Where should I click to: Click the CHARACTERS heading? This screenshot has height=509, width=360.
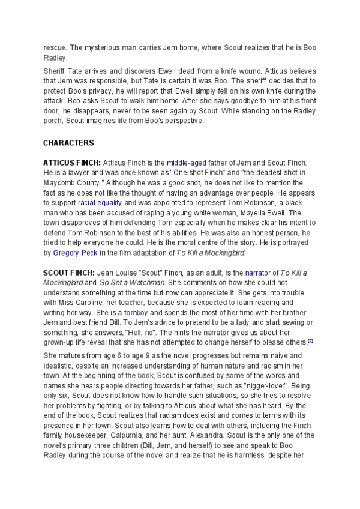tap(68, 143)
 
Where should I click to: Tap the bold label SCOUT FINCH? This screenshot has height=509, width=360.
tap(67, 273)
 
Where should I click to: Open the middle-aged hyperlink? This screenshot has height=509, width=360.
tap(187, 163)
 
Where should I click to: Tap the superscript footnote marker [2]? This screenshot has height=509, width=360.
tap(310, 340)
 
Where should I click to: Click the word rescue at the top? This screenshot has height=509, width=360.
tap(55, 48)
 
